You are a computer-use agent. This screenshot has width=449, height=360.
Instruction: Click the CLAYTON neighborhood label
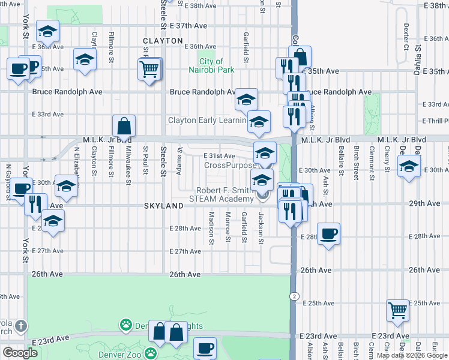click(x=163, y=41)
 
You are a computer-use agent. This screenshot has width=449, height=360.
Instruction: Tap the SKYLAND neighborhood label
click(x=163, y=205)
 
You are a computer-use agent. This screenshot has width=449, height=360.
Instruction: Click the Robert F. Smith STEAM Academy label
click(x=221, y=195)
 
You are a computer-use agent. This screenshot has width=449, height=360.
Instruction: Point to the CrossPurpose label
click(x=230, y=165)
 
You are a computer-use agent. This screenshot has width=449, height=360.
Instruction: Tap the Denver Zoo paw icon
click(x=125, y=325)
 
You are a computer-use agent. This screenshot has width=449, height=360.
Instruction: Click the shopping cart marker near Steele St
click(x=149, y=70)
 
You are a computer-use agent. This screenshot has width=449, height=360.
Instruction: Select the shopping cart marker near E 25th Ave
click(x=397, y=311)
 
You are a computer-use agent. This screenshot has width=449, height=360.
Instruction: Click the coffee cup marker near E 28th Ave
click(x=328, y=233)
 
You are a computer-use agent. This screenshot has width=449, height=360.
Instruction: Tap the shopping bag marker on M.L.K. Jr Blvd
click(x=124, y=126)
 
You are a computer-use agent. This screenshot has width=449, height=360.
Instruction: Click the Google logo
click(x=20, y=352)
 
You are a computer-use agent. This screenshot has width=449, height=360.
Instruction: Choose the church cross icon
click(x=20, y=326)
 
